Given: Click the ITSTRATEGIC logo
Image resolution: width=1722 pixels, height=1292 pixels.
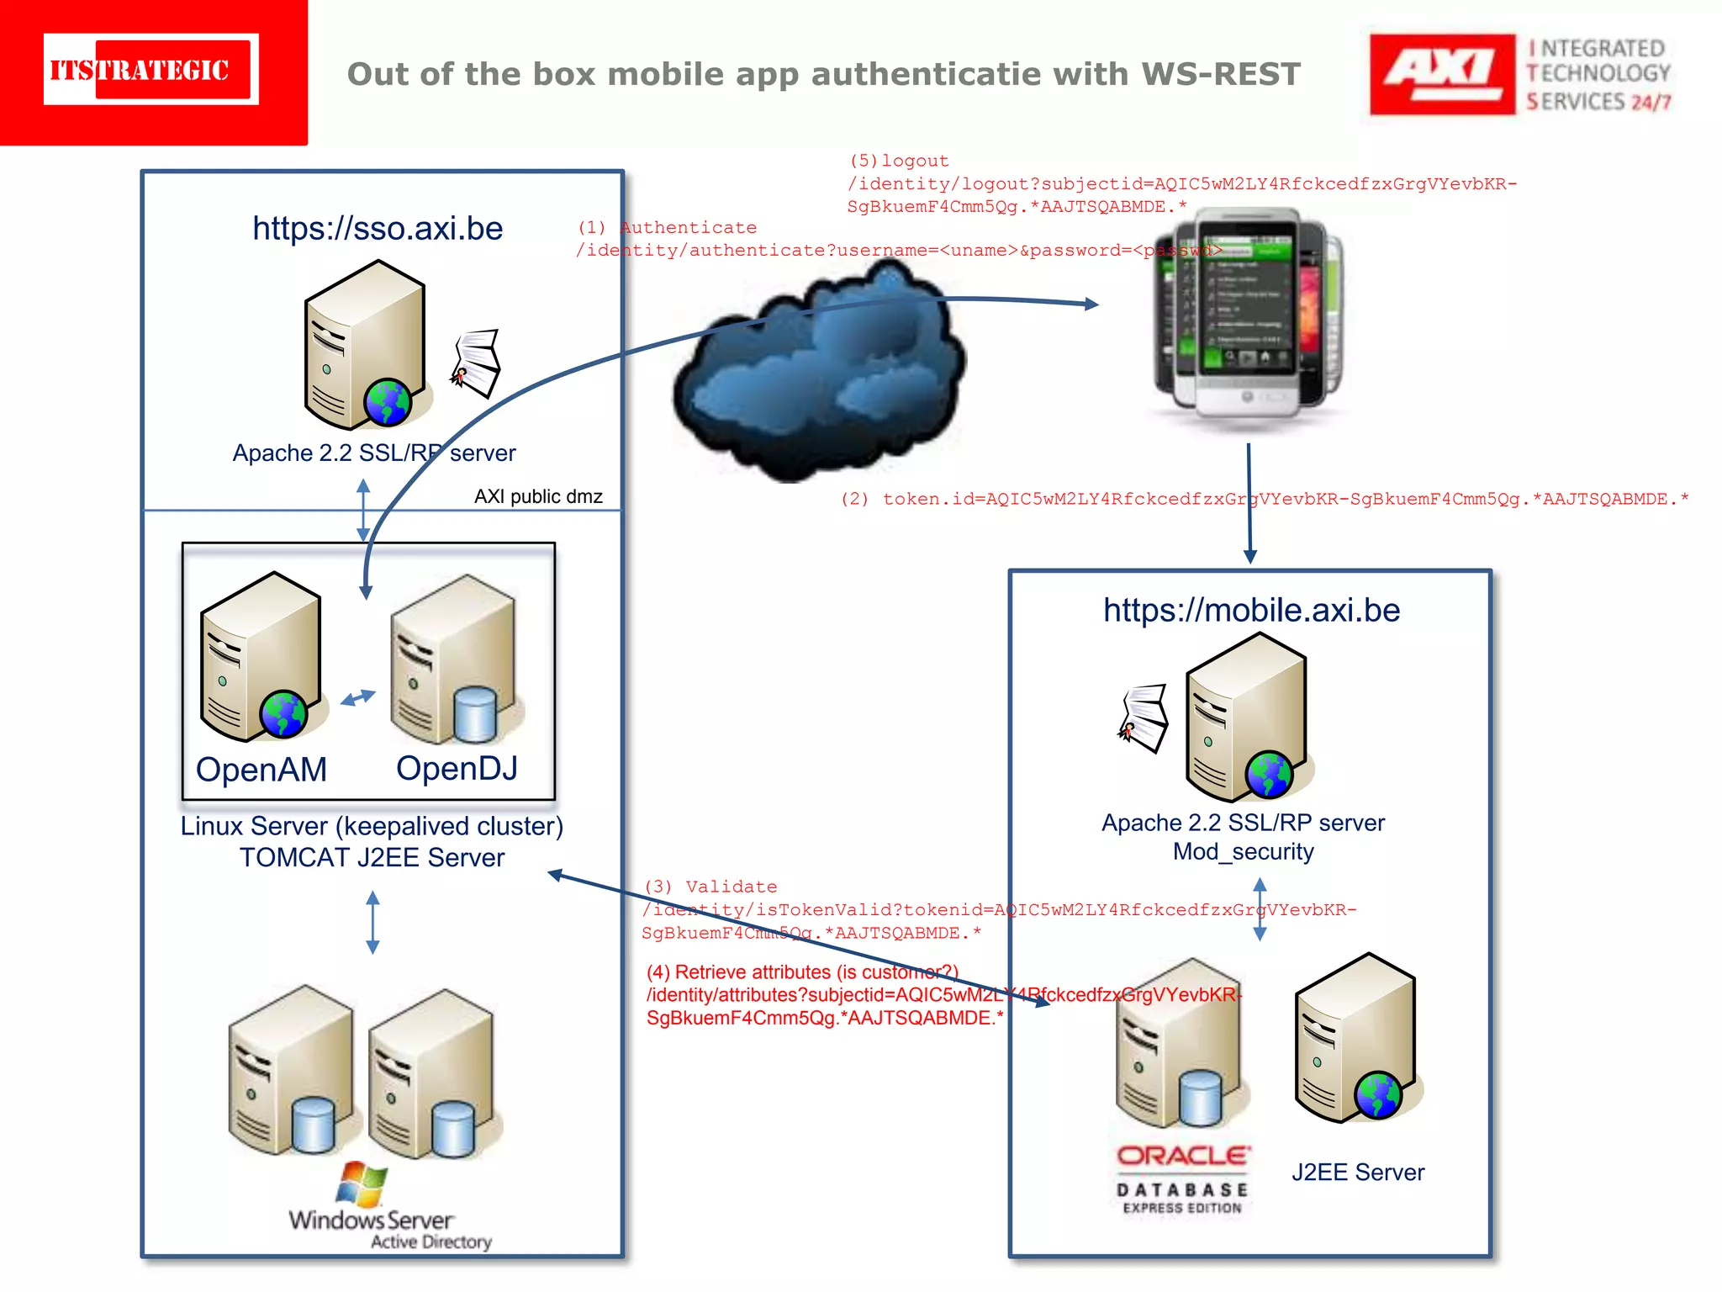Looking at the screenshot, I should [x=151, y=70].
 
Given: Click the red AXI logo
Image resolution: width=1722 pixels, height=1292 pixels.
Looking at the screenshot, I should [x=1441, y=74].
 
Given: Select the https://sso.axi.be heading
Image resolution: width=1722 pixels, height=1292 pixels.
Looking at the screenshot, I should [x=378, y=229].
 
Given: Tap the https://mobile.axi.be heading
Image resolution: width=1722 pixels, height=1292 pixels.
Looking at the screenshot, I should [x=1251, y=610].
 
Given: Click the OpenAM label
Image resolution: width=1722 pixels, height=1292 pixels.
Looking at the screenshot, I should [x=261, y=769].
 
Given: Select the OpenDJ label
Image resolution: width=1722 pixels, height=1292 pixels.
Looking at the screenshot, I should [x=457, y=767].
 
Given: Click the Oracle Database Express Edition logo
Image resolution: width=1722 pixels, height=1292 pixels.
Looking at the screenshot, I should [x=1182, y=1178].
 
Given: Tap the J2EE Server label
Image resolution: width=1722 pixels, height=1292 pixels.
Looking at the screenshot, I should [x=1357, y=1172].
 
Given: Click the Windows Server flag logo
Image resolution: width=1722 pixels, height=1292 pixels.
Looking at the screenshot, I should [x=362, y=1183].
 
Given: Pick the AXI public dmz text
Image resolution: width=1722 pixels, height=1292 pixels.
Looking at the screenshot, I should [x=538, y=496].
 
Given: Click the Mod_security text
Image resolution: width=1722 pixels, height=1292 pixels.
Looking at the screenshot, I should [x=1243, y=851].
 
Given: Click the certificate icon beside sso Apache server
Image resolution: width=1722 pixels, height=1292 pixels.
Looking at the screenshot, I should [x=477, y=363].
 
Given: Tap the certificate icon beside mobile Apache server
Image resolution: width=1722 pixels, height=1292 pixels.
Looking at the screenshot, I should [x=1144, y=717].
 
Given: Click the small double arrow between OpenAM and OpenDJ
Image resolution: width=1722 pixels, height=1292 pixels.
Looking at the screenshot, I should [x=358, y=697].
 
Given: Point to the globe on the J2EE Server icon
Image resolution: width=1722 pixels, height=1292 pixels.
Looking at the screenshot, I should [x=1377, y=1095].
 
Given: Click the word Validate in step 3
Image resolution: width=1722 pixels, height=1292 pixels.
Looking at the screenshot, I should [x=731, y=887].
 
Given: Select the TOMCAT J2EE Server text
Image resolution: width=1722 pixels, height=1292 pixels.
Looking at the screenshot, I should [x=372, y=857].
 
